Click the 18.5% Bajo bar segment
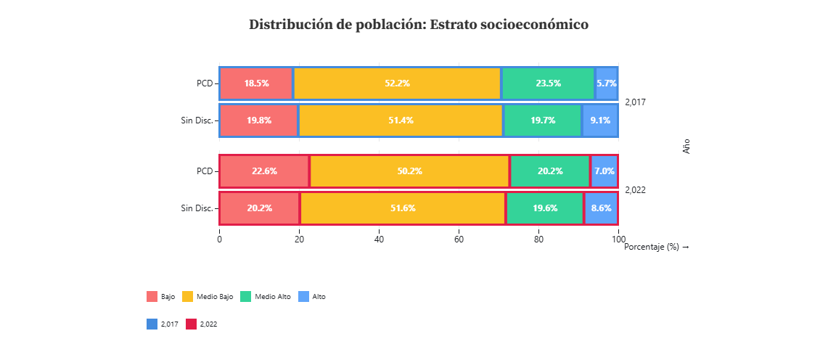point(256,83)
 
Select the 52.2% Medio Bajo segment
point(397,83)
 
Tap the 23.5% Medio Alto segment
point(548,83)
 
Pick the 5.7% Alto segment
point(606,83)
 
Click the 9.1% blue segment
point(600,120)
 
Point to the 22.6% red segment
point(264,171)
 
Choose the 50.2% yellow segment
point(409,171)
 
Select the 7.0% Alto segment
point(604,171)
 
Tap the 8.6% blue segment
point(601,208)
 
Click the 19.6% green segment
point(545,208)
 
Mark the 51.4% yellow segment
point(401,120)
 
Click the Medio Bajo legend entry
point(208,297)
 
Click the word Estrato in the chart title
point(456,24)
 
